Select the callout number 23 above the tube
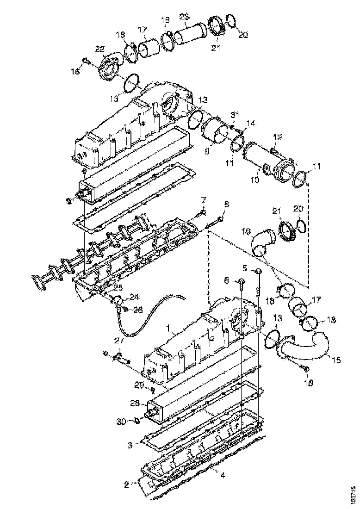pyautogui.click(x=184, y=16)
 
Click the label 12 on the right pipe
pyautogui.click(x=277, y=137)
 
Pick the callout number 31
pyautogui.click(x=235, y=115)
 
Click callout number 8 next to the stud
pyautogui.click(x=226, y=204)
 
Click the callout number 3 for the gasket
pyautogui.click(x=130, y=446)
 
